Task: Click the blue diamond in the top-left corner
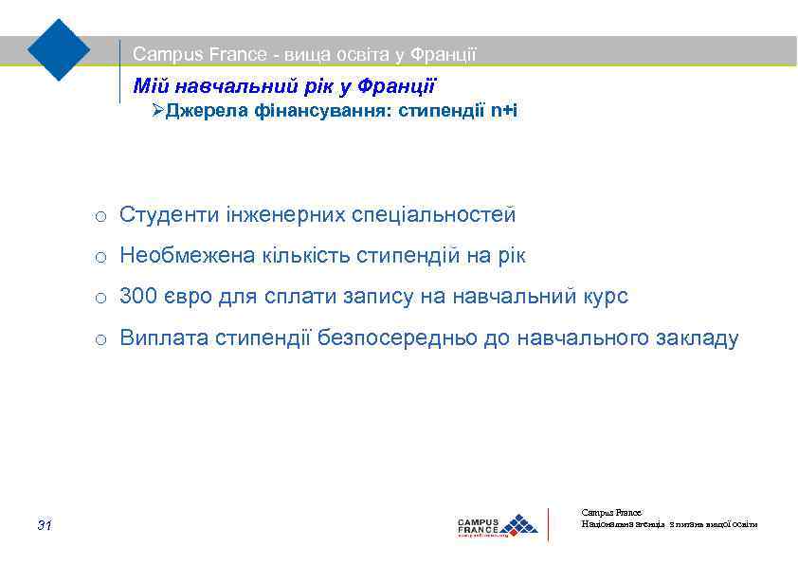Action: tap(59, 48)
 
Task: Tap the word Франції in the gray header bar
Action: tap(443, 55)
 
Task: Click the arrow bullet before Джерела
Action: tap(158, 111)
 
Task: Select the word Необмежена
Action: tap(188, 256)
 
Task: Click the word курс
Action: tap(604, 298)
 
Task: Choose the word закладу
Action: tap(697, 338)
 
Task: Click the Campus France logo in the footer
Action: tap(497, 525)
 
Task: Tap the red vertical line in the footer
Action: tap(550, 524)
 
